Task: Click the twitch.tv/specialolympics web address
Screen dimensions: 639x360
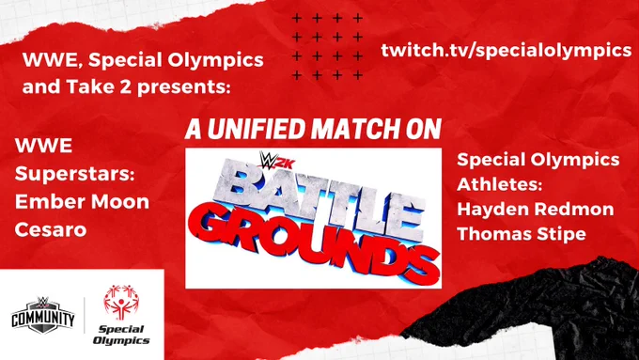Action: (506, 50)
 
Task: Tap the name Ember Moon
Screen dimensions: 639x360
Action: (82, 202)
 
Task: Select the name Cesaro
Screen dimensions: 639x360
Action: (51, 230)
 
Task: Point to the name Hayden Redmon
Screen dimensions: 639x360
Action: (535, 210)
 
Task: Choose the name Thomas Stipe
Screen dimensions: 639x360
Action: (522, 234)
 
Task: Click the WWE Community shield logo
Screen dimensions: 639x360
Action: (43, 315)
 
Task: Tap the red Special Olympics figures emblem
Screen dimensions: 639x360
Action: (121, 303)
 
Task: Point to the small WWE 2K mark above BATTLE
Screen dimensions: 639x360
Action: (276, 160)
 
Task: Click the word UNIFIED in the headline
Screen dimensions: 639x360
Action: (257, 129)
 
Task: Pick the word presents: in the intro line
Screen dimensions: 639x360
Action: (183, 86)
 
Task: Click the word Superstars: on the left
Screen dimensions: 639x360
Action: (74, 174)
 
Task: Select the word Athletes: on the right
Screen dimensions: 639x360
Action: (500, 184)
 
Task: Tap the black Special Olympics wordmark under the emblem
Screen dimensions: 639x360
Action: (121, 335)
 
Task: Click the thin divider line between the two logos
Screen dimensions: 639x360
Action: (85, 315)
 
